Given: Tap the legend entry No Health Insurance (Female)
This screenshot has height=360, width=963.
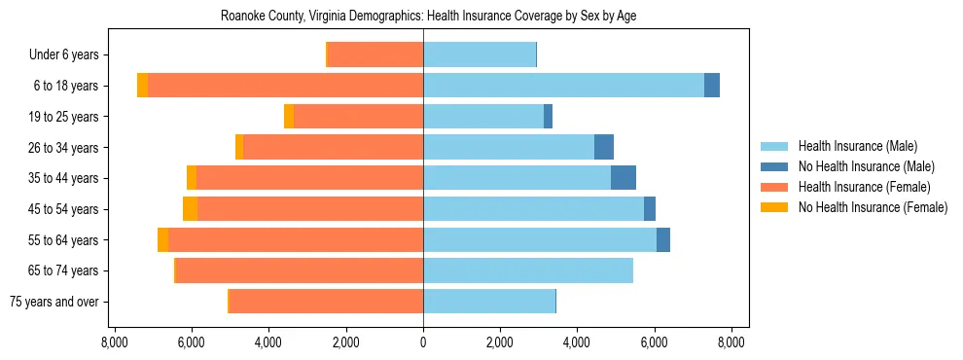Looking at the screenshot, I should point(872,207).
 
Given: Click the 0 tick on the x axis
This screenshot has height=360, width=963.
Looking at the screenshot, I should point(423,342).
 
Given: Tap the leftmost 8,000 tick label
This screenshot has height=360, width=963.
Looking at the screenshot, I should point(115,342).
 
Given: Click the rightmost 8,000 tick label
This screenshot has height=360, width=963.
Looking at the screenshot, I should point(731,342).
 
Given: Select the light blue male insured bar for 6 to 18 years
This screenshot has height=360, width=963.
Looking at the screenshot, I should point(563,86).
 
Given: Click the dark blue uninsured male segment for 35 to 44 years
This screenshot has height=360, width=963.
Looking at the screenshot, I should point(624,178).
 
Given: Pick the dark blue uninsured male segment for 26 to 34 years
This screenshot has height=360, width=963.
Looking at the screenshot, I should point(604,147).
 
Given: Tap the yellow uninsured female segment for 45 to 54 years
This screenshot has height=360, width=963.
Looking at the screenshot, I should point(190,209).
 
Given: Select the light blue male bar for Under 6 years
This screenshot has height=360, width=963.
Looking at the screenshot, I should point(480,54).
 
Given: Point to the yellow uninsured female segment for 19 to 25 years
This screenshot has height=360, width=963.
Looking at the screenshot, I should point(289,117).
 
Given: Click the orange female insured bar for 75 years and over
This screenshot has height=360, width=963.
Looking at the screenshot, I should point(326,302).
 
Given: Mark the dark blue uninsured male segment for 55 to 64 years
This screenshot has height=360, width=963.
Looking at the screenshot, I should point(663,239).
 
